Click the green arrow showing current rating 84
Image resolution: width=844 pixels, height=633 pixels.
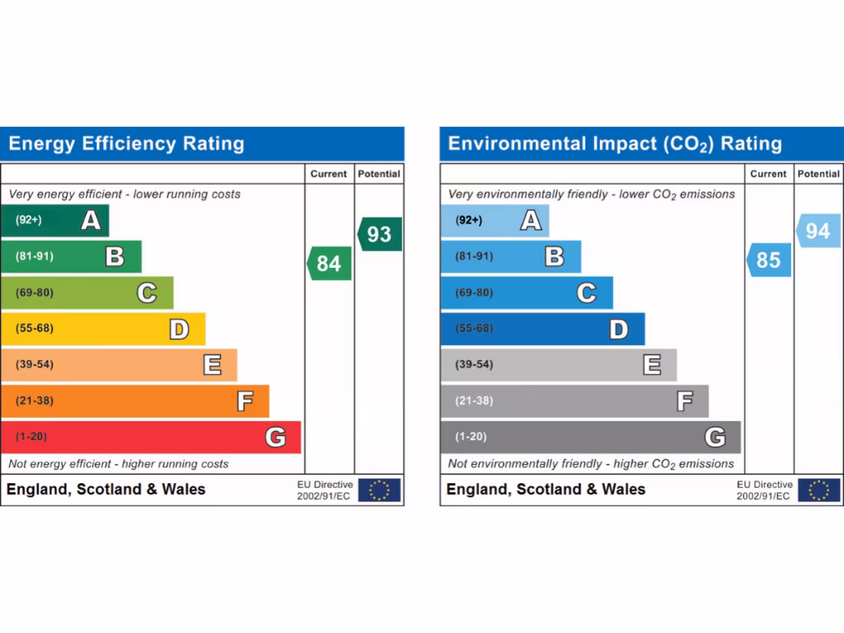[x=330, y=263]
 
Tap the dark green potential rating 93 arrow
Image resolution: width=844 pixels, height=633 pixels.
[x=380, y=234]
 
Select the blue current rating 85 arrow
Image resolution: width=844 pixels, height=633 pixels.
[x=769, y=260]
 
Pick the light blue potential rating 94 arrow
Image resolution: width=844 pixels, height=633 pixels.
[x=818, y=231]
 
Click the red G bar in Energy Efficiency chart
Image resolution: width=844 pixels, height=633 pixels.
[x=151, y=437]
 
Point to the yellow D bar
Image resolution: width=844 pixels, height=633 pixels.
[x=103, y=329]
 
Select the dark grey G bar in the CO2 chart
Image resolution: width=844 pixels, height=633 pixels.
[x=590, y=437]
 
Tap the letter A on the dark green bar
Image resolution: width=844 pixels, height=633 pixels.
[x=91, y=220]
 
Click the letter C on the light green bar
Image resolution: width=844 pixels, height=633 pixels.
[x=147, y=293]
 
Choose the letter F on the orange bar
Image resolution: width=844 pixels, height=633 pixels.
[x=245, y=401]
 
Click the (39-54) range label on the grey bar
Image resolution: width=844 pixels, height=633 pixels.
[x=474, y=364]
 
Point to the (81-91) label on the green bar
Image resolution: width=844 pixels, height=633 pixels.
[x=34, y=256]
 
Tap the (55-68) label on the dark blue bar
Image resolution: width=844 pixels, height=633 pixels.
[x=474, y=328]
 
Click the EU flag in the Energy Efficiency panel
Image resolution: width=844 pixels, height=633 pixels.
[x=379, y=490]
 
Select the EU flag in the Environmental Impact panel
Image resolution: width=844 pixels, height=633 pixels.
[x=819, y=490]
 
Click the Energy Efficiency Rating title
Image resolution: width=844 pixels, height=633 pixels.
[x=126, y=144]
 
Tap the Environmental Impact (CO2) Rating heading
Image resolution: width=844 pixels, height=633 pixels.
[x=615, y=144]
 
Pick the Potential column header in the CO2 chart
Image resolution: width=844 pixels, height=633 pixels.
[x=818, y=174]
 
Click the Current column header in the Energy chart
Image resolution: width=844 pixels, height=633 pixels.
[x=329, y=174]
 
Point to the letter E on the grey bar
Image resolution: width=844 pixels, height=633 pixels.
[x=652, y=364]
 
